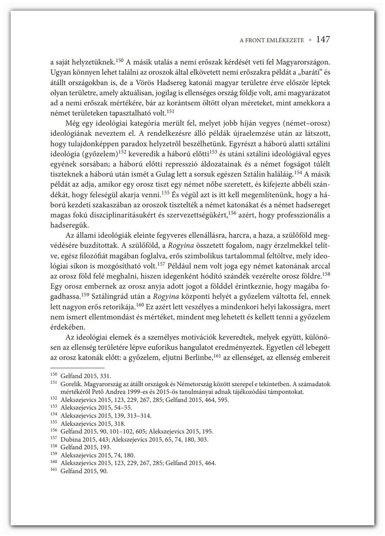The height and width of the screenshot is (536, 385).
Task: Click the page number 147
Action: point(323,40)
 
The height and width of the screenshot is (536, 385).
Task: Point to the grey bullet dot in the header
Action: point(310,41)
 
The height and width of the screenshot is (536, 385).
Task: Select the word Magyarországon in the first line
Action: point(303,63)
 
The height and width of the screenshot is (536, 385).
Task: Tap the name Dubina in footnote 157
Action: point(70,439)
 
